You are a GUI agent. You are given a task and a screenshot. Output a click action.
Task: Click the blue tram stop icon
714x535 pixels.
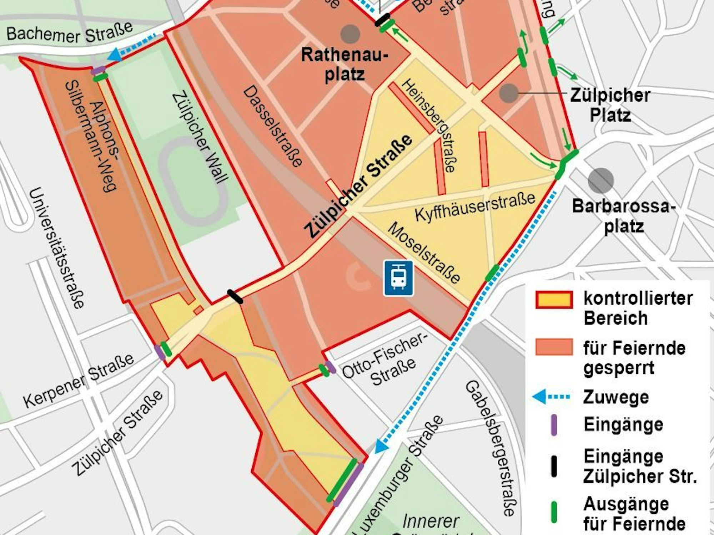[398, 278]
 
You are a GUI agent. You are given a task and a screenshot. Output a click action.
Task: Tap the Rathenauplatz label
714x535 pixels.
[344, 65]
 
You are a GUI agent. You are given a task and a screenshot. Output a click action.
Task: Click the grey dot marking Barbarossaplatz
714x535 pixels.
[601, 180]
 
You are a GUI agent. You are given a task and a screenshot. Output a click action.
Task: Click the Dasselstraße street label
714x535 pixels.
[273, 126]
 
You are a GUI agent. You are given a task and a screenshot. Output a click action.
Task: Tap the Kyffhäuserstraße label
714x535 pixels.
[475, 207]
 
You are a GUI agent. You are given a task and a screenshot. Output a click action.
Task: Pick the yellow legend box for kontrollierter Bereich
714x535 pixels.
[554, 300]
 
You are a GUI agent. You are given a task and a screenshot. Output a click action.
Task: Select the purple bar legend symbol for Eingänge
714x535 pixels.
[554, 425]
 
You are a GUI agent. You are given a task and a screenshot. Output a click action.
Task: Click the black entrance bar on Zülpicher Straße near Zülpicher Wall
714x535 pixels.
[235, 297]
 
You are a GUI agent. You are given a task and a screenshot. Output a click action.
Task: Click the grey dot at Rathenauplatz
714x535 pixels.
[350, 34]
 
